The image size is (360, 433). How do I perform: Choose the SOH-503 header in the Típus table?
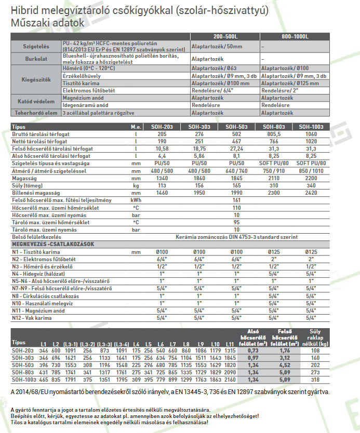236,127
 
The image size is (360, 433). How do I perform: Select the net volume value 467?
236,141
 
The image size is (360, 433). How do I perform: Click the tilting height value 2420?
310,192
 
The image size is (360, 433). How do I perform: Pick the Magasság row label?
25,177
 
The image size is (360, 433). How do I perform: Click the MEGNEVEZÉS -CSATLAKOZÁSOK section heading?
52,244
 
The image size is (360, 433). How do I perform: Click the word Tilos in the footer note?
18,422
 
